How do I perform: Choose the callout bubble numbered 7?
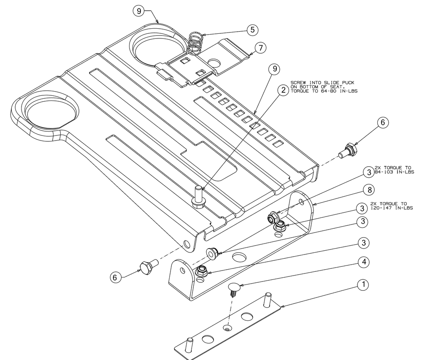pos(260,49)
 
